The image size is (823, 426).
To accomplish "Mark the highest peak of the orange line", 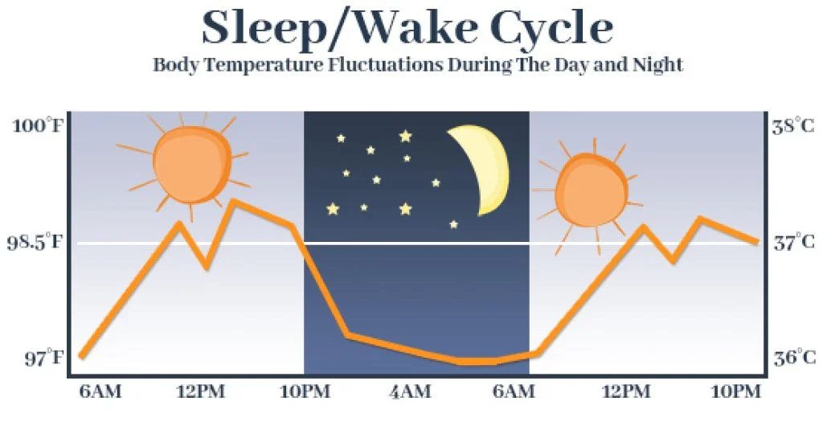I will pyautogui.click(x=233, y=201).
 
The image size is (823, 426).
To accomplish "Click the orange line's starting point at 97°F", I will pyautogui.click(x=81, y=355).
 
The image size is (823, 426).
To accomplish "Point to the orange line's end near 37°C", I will pyautogui.click(x=756, y=240).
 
